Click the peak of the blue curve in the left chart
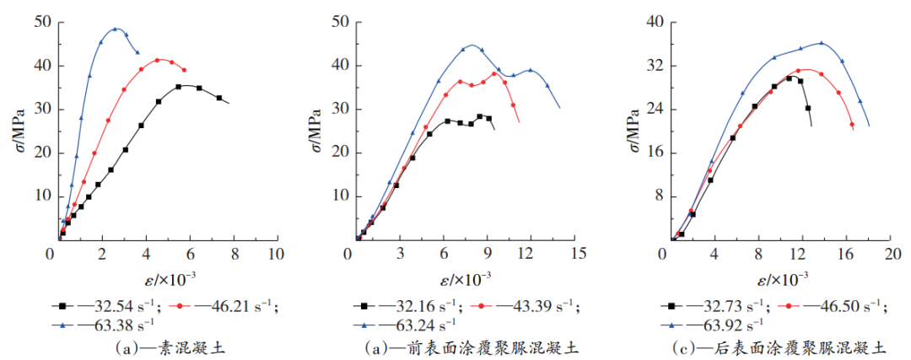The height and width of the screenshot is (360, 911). click(x=116, y=29)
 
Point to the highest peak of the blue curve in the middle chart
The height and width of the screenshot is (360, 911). click(x=472, y=46)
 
